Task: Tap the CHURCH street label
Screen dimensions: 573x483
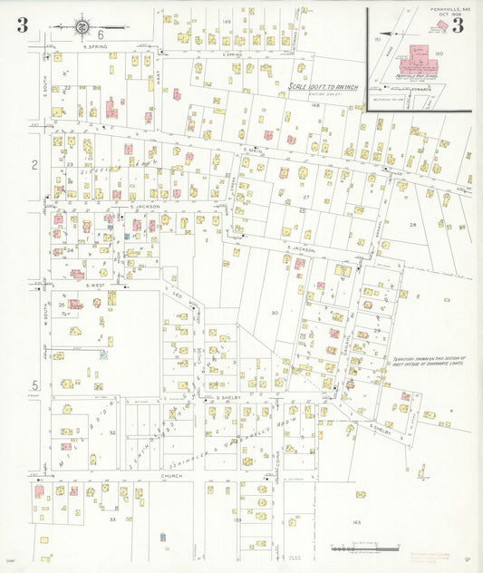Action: [x=171, y=475]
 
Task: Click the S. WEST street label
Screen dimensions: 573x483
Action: [x=96, y=285]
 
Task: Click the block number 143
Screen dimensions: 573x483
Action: [x=357, y=523]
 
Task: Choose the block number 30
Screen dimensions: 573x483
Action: [x=274, y=312]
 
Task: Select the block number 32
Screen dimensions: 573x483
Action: [x=112, y=432]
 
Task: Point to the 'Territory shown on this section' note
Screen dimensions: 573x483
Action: [x=427, y=361]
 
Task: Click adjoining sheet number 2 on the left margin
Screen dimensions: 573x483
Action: [x=34, y=165]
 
